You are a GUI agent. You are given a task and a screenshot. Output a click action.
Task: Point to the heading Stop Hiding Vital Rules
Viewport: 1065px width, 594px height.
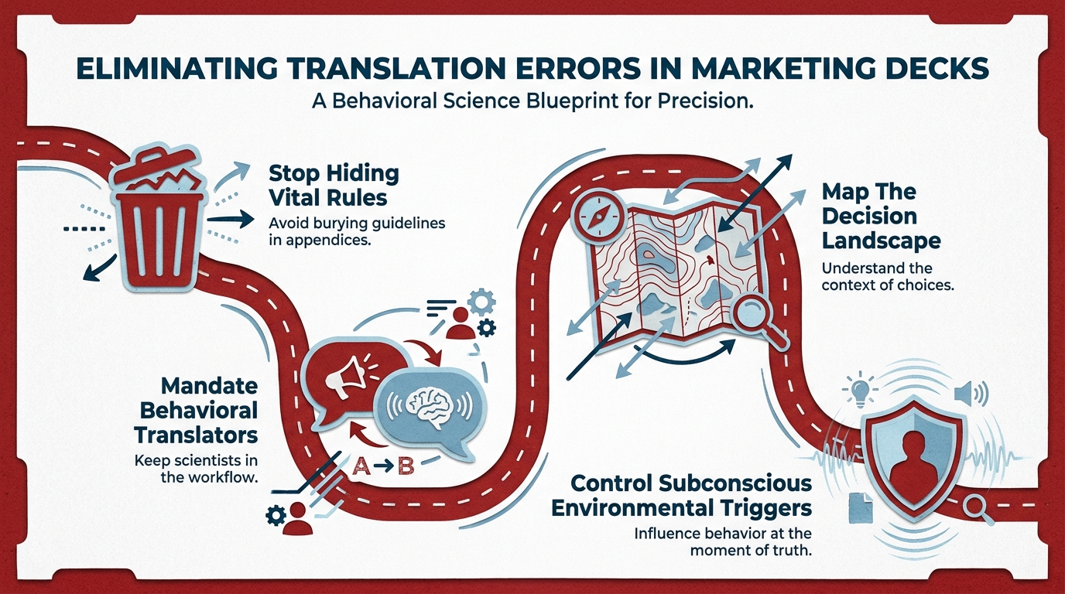pyautogui.click(x=334, y=186)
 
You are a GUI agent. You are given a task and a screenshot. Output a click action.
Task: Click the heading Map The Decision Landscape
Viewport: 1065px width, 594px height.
pyautogui.click(x=881, y=217)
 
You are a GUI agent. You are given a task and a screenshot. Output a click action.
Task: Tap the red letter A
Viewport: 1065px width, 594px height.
pyautogui.click(x=361, y=466)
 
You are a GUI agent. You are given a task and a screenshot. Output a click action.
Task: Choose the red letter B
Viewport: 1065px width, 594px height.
pyautogui.click(x=406, y=466)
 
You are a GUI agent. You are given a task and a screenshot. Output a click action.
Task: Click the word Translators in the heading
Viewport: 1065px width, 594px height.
pyautogui.click(x=196, y=435)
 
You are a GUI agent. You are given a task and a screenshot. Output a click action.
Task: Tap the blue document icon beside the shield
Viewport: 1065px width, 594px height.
pyautogui.click(x=861, y=508)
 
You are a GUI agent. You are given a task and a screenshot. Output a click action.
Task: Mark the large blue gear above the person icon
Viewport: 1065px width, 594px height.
pyautogui.click(x=481, y=302)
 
